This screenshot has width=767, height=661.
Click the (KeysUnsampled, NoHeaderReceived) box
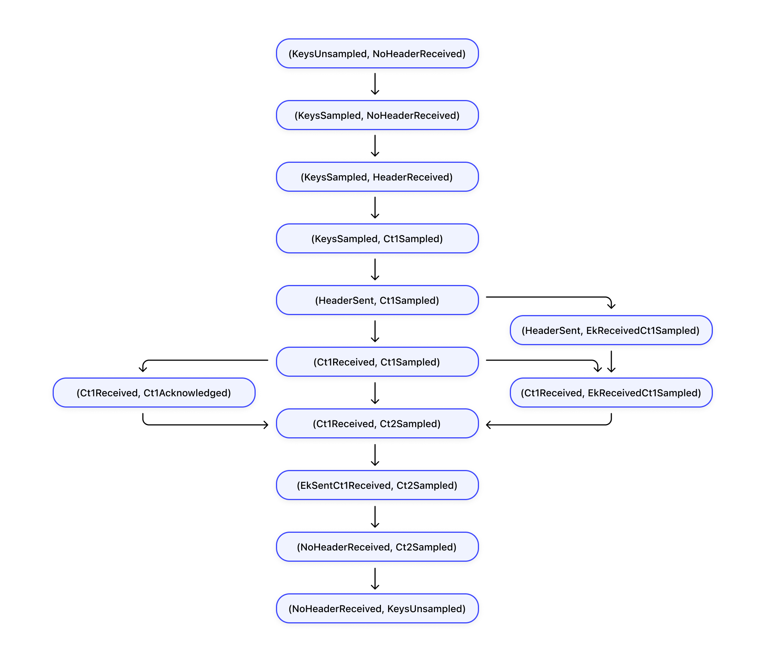click(377, 53)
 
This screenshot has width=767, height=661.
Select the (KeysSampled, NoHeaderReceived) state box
click(377, 115)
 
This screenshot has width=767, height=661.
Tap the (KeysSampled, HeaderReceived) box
click(377, 177)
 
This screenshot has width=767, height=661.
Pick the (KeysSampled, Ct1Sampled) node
click(377, 238)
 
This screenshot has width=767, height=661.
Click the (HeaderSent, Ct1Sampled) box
click(377, 300)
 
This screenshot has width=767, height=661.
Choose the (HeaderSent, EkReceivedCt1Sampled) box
click(611, 330)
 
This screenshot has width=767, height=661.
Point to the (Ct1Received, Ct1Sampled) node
click(377, 362)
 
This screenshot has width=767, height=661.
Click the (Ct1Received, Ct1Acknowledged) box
click(154, 393)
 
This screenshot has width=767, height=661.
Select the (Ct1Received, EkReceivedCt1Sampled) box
click(611, 393)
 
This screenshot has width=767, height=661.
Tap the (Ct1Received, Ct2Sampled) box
click(377, 423)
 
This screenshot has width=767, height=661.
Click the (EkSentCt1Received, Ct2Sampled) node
click(377, 485)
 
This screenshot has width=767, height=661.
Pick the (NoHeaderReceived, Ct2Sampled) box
click(377, 547)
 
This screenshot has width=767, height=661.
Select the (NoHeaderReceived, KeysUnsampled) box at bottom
click(377, 608)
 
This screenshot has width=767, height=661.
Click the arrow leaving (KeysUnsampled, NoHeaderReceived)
click(375, 84)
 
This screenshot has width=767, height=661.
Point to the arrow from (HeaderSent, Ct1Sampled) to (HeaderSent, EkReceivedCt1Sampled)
click(549, 297)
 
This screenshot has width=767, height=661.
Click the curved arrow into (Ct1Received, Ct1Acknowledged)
click(203, 360)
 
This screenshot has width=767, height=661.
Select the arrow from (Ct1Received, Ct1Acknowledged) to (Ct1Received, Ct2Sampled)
click(203, 425)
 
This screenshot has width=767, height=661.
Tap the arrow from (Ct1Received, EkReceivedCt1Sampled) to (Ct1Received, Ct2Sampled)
click(549, 425)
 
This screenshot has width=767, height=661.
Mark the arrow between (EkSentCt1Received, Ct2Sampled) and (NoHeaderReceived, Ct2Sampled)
click(375, 516)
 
